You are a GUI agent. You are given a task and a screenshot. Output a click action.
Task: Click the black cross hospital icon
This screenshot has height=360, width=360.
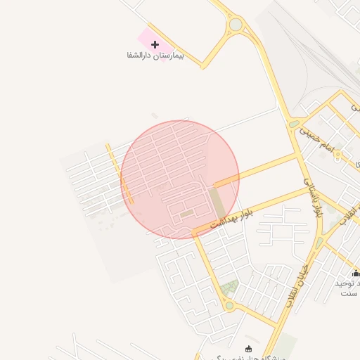click(x=155, y=44)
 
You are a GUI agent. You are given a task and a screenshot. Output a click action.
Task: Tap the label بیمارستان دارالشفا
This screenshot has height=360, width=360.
click(x=155, y=55)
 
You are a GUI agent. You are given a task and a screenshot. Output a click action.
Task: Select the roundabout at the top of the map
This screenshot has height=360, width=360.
click(x=236, y=25)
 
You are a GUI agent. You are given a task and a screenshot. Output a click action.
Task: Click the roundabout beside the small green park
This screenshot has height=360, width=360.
click(x=229, y=305)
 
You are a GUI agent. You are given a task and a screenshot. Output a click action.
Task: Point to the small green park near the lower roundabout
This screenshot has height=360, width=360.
click(x=229, y=288)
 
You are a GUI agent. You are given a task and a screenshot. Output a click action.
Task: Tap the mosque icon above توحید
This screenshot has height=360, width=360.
click(x=356, y=273)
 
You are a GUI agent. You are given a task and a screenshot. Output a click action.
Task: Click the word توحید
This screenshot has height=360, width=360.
click(x=349, y=283)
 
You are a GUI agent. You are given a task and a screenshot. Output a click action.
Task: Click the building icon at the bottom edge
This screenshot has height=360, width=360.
click(x=247, y=348)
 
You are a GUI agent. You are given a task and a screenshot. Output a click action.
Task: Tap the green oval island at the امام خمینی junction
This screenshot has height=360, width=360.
click(x=294, y=124)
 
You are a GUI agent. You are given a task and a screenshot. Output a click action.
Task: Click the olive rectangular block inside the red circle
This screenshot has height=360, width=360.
click(x=219, y=202)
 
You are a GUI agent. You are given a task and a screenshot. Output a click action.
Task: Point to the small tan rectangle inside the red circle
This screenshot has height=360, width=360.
click(x=186, y=214)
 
